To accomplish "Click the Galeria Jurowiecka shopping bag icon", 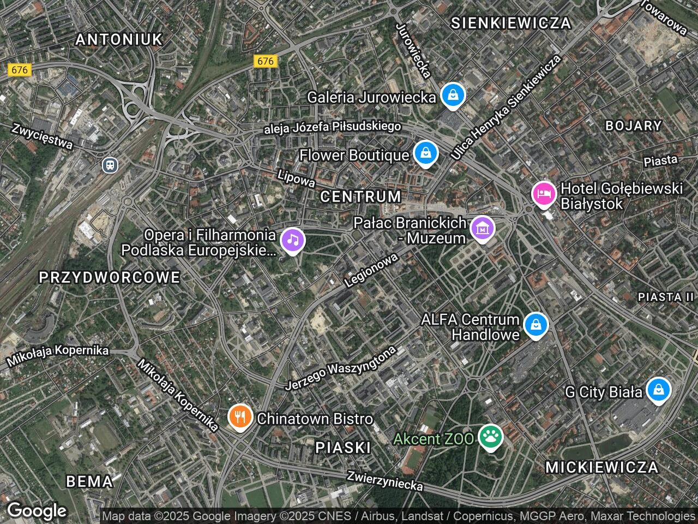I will (453, 96).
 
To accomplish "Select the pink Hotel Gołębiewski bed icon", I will (544, 194).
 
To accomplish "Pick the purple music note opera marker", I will (293, 240).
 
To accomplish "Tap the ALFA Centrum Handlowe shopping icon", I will (536, 325).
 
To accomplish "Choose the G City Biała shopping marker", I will (658, 390).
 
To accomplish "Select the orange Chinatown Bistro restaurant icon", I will (239, 418).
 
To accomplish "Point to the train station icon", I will (110, 164).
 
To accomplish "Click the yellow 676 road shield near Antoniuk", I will (19, 70).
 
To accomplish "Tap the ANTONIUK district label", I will (119, 39).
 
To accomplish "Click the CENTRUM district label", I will (360, 196).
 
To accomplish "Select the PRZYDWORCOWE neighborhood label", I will (110, 277).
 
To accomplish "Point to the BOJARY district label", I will (633, 126).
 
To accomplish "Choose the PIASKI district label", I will (343, 448).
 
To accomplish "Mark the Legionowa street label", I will (371, 271).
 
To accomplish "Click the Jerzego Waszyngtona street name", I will (340, 368).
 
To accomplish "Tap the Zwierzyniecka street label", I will (385, 480).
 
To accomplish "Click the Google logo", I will (37, 511).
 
